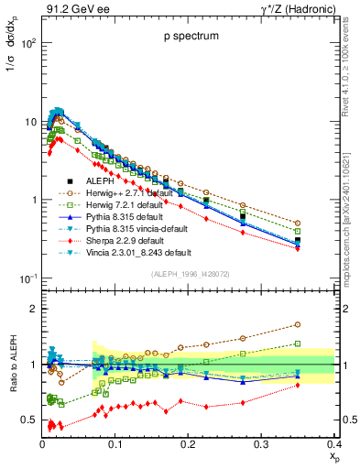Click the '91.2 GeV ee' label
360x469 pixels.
pos(71,9)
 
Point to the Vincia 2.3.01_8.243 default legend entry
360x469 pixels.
pos(139,252)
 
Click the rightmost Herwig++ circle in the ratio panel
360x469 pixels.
pos(322,324)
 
